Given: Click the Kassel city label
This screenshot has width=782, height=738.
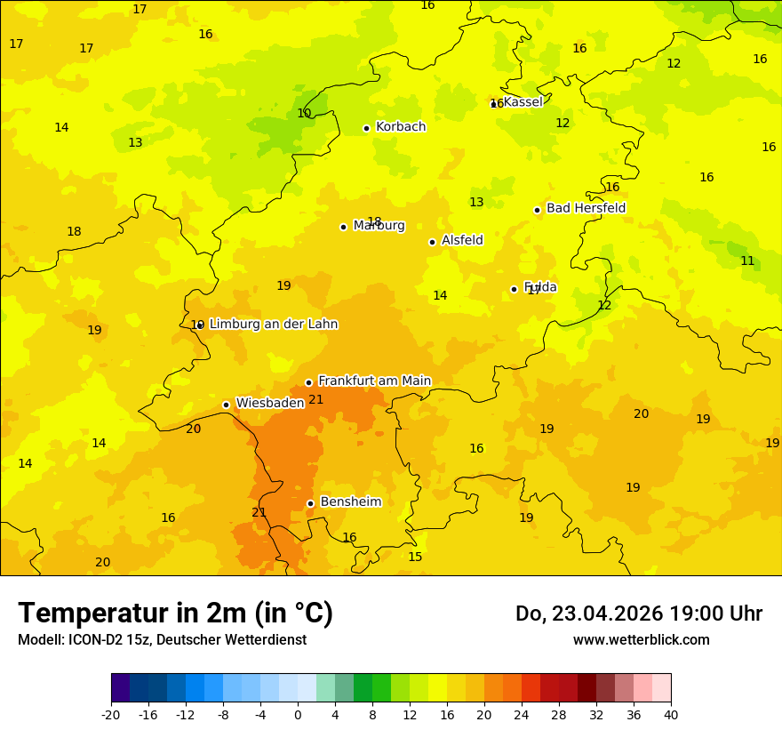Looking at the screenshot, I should [523, 102].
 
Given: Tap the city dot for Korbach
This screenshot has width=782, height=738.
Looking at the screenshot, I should [366, 128].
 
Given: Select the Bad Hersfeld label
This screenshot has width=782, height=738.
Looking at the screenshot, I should [586, 208].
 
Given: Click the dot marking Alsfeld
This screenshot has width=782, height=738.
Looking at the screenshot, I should [432, 242].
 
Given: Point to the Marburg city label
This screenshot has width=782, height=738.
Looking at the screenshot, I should [379, 226].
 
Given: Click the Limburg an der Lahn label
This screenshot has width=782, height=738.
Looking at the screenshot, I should [274, 325].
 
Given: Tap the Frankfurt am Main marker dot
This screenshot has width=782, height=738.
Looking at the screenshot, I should [308, 382].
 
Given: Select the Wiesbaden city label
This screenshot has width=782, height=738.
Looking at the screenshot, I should [270, 403].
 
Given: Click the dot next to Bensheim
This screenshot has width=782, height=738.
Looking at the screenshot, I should [310, 503].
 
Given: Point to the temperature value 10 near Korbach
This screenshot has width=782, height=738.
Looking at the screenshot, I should [304, 113].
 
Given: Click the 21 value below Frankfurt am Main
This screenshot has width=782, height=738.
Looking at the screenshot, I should [316, 399].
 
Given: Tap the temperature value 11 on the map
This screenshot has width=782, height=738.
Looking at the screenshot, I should [747, 261].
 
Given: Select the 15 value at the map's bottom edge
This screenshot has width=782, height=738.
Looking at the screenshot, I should [415, 557].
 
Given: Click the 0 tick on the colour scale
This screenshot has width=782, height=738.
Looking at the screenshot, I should [298, 715].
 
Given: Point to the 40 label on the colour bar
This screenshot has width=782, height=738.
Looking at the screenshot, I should [670, 715].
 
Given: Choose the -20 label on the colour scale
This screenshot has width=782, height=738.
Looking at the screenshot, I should [111, 715].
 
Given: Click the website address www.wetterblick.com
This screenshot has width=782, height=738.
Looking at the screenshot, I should [641, 639].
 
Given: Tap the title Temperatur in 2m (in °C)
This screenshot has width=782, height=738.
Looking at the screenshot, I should [175, 613].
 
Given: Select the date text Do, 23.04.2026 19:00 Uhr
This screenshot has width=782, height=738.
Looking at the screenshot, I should [638, 614].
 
